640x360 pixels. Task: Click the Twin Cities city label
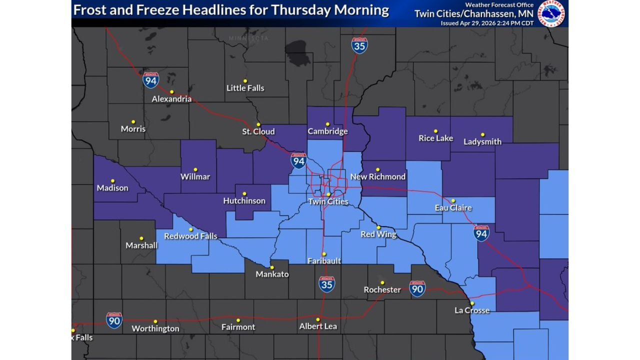tap(328, 202)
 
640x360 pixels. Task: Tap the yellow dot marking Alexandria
tap(171, 92)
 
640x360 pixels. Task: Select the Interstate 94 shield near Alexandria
tap(150, 80)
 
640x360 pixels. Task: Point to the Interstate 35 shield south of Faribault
tap(327, 284)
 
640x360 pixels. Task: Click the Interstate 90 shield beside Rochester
tap(417, 288)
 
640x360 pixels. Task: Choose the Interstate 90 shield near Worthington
tap(114, 320)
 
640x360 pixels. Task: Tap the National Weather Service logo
tap(551, 13)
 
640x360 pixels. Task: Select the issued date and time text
tap(486, 23)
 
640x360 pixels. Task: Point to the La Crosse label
tap(471, 310)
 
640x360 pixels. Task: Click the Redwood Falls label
tap(190, 236)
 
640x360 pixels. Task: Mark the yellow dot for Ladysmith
tap(482, 134)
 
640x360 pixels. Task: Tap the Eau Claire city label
tap(453, 207)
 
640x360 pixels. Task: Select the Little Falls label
tap(245, 88)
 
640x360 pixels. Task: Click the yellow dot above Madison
tap(112, 181)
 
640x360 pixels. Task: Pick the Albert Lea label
tap(317, 326)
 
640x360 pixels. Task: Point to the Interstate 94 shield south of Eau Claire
tap(481, 233)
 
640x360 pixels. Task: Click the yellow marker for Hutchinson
tap(244, 194)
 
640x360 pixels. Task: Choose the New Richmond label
tap(377, 176)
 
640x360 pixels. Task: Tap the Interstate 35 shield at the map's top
tap(359, 45)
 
